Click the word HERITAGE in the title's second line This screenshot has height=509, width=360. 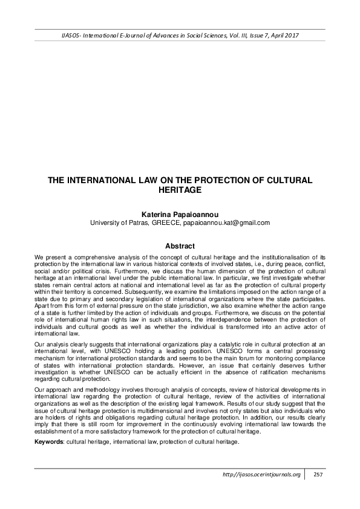tap(180, 189)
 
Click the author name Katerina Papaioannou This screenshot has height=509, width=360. tap(180, 214)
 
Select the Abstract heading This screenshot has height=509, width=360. tap(180, 246)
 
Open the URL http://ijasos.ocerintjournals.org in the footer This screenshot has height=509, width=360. tap(261, 475)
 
